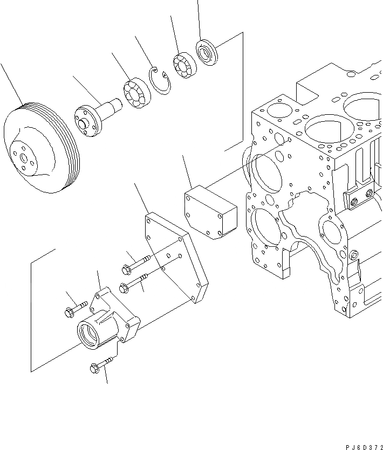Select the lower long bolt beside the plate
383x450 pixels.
135,281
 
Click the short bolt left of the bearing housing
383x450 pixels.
76,309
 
